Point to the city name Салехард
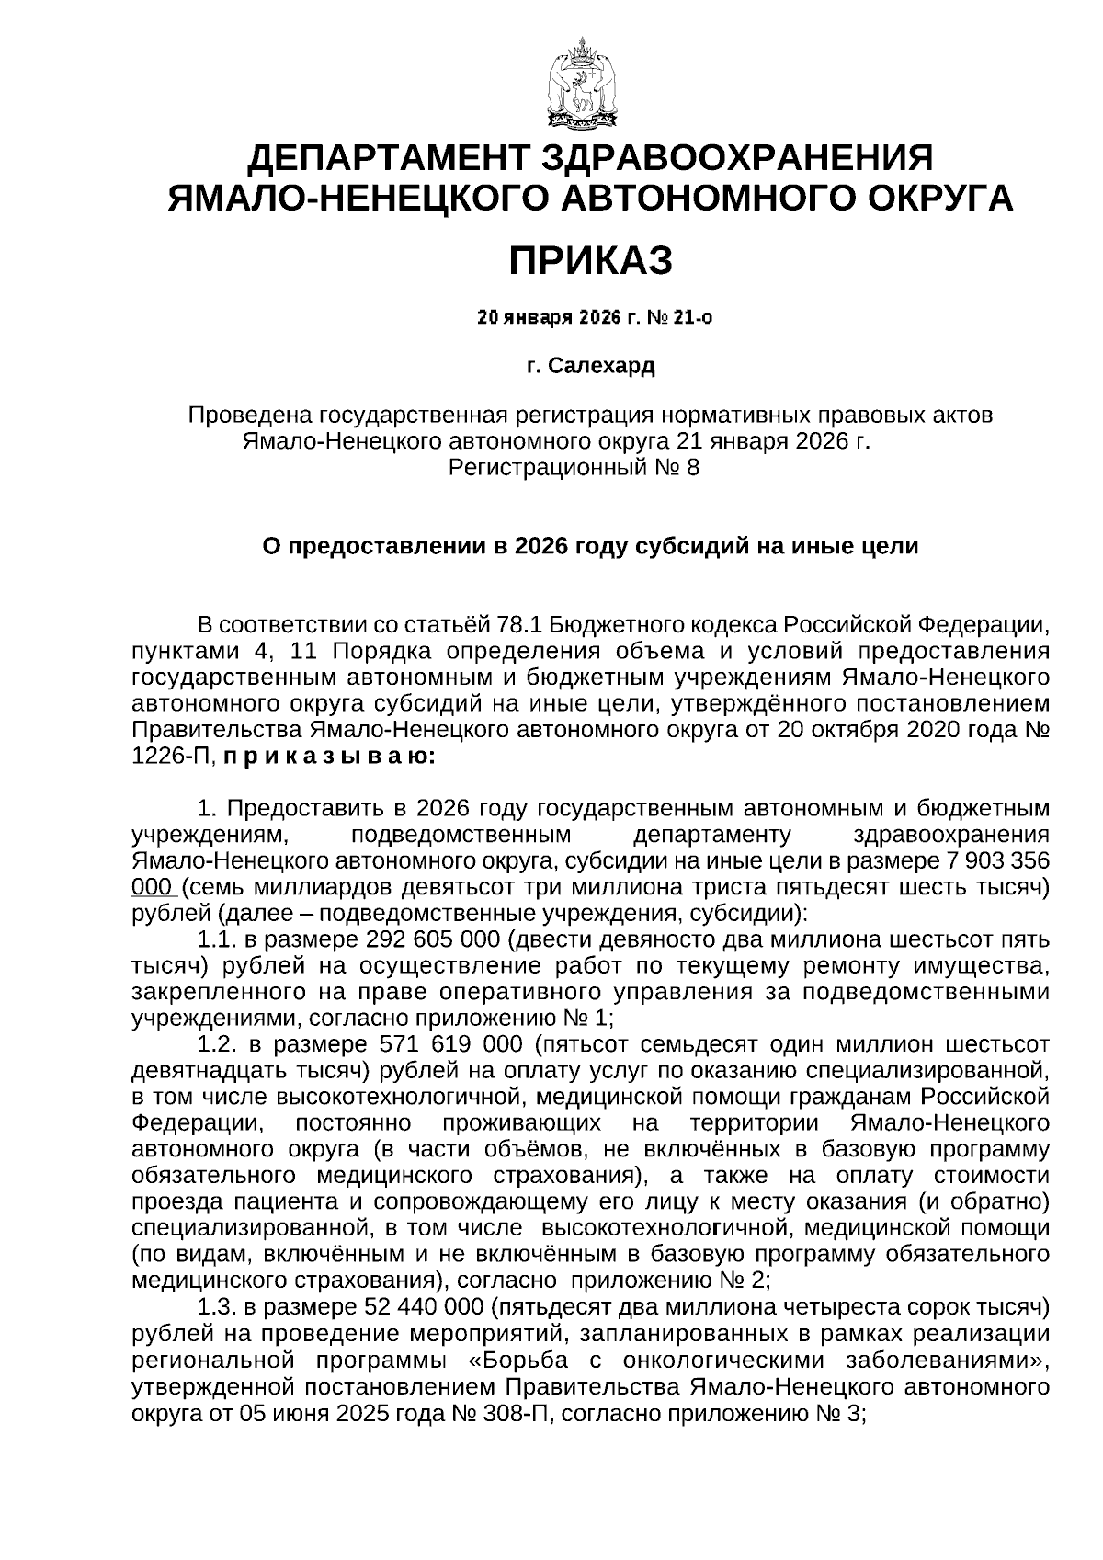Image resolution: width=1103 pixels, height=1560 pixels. pos(601,367)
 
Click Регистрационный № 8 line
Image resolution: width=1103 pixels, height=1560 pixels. pos(573,468)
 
